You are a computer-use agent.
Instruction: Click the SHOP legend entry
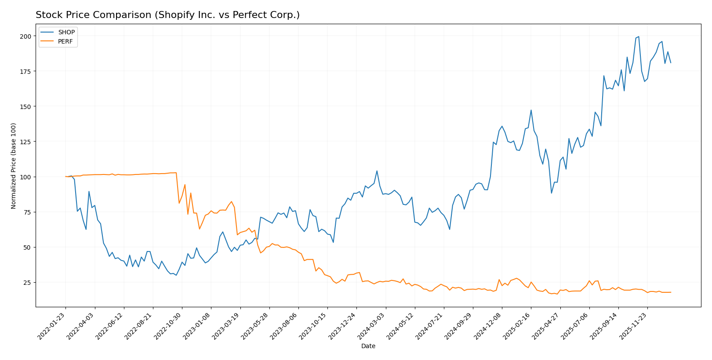coord(66,32)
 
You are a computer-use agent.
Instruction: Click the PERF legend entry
coord(65,42)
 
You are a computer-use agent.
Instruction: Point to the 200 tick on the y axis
coord(26,36)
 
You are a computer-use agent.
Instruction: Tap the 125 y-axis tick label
coord(26,142)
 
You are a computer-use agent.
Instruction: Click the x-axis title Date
coord(368,346)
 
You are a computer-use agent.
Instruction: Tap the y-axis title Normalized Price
coord(14,166)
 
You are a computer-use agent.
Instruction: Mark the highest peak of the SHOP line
coord(639,36)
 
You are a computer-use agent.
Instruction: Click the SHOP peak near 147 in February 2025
coord(531,110)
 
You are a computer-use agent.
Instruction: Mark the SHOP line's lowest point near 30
coord(176,275)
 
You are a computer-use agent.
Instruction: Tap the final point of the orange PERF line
coord(671,292)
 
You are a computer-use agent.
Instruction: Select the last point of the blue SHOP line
coord(671,63)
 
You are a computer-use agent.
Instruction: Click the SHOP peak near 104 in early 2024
coord(377,171)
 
